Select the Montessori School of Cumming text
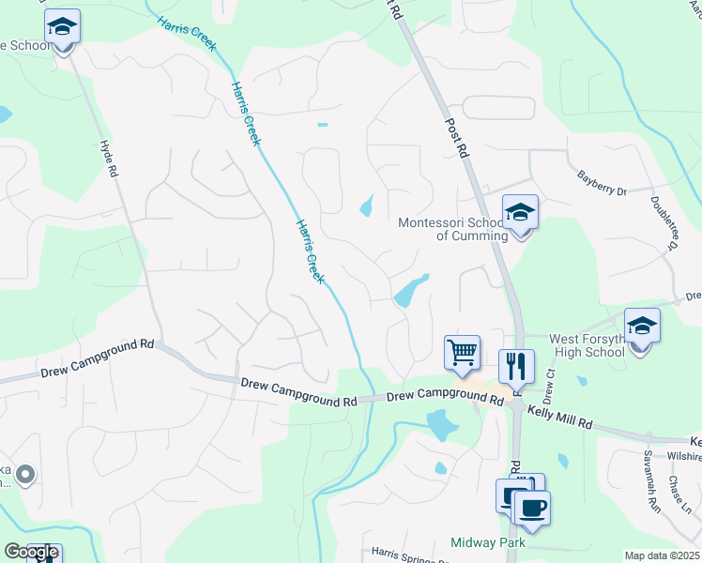452,229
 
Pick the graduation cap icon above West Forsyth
643,327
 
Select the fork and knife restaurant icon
515,366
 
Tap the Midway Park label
492,542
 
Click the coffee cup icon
532,508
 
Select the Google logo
31,552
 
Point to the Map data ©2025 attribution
661,555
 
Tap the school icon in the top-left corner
62,27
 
